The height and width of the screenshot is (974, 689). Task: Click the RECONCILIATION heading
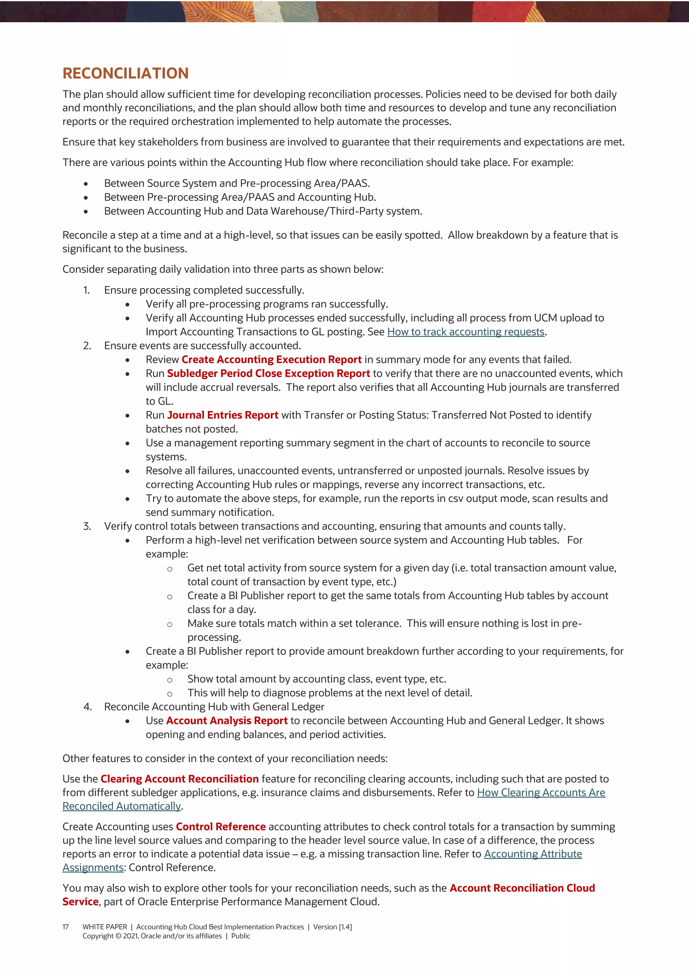[x=125, y=73]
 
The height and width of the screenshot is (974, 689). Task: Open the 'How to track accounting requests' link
[x=465, y=332]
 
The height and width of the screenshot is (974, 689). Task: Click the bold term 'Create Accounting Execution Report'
[x=271, y=360]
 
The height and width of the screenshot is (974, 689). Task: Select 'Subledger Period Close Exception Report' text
[x=268, y=374]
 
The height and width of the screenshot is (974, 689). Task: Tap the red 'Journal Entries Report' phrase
[x=222, y=415]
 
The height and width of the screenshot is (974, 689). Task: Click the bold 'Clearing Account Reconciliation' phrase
[x=179, y=779]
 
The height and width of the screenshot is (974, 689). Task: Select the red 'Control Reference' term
[x=220, y=827]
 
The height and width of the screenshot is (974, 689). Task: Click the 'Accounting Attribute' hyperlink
[x=533, y=854]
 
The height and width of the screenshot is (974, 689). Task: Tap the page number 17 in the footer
[x=66, y=927]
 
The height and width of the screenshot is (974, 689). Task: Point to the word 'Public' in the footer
[x=241, y=936]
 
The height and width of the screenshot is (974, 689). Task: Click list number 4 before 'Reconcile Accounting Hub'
[x=87, y=707]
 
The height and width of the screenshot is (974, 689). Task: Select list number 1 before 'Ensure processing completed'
[x=86, y=290]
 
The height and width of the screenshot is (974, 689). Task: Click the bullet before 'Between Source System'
[x=86, y=184]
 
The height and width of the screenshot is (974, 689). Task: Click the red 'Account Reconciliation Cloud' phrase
[x=522, y=888]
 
